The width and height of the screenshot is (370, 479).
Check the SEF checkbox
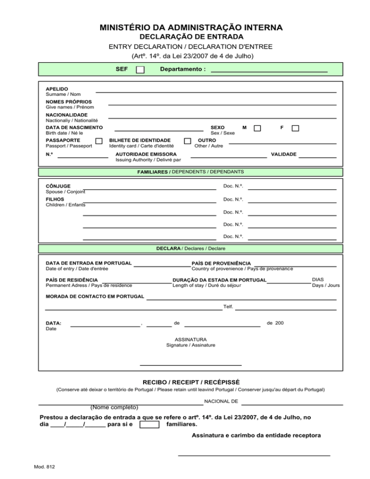click(140, 70)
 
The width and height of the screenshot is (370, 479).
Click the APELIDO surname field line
click(216, 91)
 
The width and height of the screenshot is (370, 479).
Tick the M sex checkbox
click(257, 128)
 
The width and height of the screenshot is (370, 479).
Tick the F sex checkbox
click(295, 128)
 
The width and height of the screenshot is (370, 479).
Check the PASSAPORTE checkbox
click(99, 141)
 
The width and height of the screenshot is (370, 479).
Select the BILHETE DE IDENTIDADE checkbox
click(188, 141)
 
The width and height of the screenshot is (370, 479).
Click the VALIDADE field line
click(317, 157)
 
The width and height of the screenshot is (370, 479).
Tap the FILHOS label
click(54, 199)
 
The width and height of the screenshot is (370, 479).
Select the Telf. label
click(228, 306)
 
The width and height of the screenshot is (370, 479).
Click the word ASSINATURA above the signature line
click(191, 339)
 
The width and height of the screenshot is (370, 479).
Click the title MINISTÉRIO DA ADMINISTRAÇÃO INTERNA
click(191, 27)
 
